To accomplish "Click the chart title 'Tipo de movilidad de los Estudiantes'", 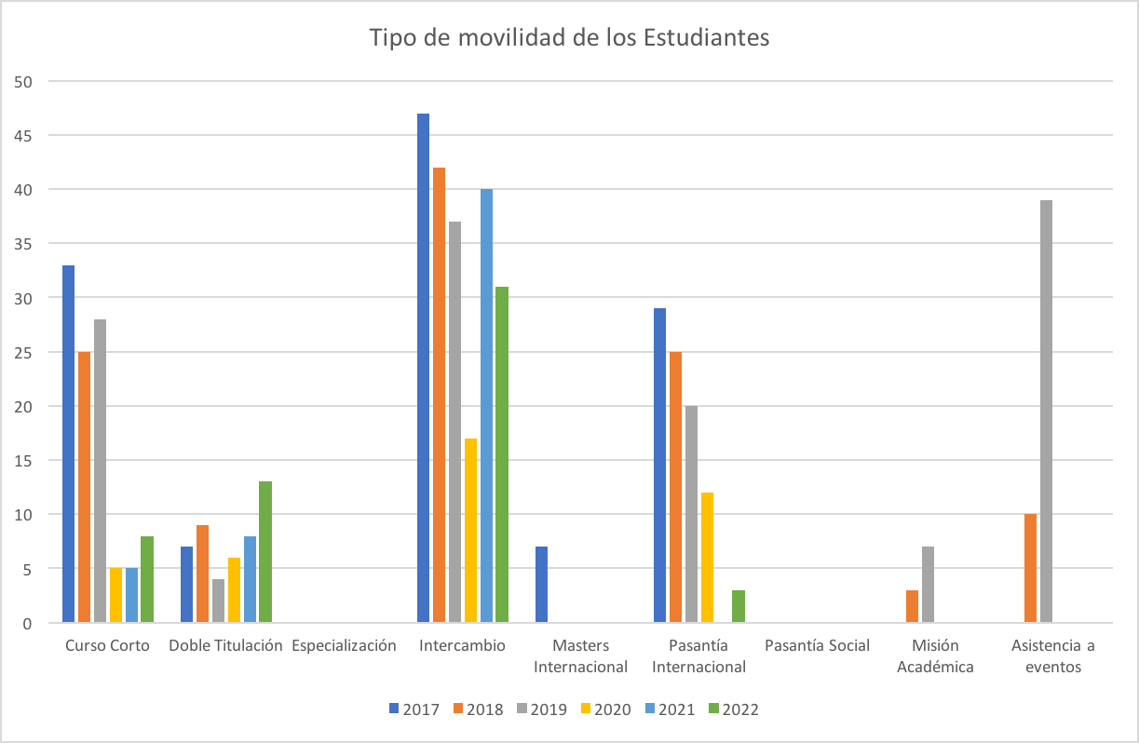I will pyautogui.click(x=569, y=38).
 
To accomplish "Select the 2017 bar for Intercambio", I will pyautogui.click(x=423, y=368).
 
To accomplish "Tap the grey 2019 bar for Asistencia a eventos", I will pyautogui.click(x=1046, y=411).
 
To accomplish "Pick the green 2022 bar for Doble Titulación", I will pyautogui.click(x=265, y=551).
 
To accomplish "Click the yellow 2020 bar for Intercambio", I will pyautogui.click(x=470, y=530).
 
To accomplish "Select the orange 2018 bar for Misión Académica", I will pyautogui.click(x=912, y=605).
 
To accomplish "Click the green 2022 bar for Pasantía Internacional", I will pyautogui.click(x=739, y=605).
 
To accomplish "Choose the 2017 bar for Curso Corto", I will pyautogui.click(x=69, y=443).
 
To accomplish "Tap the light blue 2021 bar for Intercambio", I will pyautogui.click(x=486, y=405).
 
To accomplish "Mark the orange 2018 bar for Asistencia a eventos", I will pyautogui.click(x=1030, y=567).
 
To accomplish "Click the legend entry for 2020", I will pyautogui.click(x=604, y=709).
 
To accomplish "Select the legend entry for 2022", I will pyautogui.click(x=733, y=709).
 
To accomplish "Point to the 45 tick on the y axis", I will pyautogui.click(x=23, y=136).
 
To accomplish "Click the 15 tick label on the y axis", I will pyautogui.click(x=23, y=460).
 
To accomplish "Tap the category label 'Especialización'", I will pyautogui.click(x=344, y=645).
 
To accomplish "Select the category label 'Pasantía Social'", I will pyautogui.click(x=817, y=645).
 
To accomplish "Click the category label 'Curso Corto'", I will pyautogui.click(x=107, y=645).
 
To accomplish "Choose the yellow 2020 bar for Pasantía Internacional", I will pyautogui.click(x=707, y=557).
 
